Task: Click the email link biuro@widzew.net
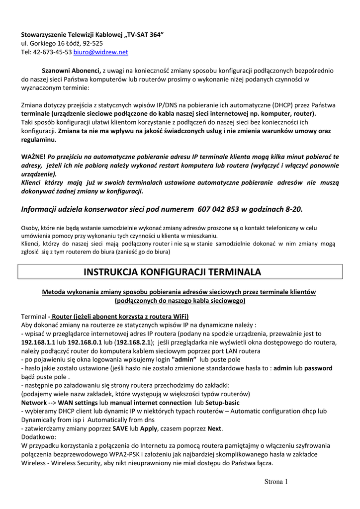pos(101,52)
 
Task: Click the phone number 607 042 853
pos(219,209)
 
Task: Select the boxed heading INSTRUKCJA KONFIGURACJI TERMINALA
pos(180,272)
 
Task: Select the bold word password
pos(318,368)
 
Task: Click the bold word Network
pos(34,402)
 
